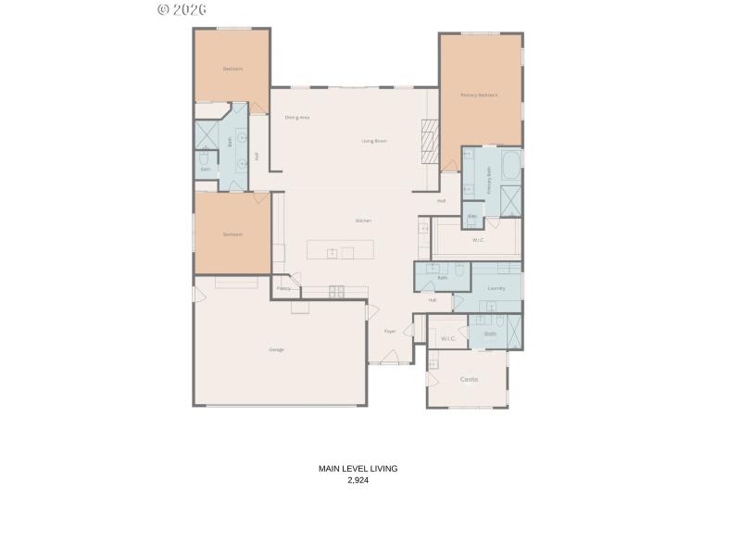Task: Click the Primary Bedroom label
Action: (x=479, y=95)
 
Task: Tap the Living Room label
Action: (x=373, y=141)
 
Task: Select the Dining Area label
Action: (x=296, y=118)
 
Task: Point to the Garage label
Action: (x=276, y=349)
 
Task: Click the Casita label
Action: (x=469, y=379)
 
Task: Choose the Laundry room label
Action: (x=496, y=289)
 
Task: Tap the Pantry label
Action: (x=283, y=288)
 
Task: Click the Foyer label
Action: (x=390, y=331)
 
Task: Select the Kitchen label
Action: (x=363, y=221)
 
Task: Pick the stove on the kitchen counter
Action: (x=335, y=291)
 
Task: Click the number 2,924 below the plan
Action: (x=358, y=481)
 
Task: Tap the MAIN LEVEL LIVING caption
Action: (x=358, y=469)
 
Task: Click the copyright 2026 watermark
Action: (x=182, y=9)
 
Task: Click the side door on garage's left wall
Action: (x=195, y=294)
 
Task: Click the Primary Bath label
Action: (x=489, y=179)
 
